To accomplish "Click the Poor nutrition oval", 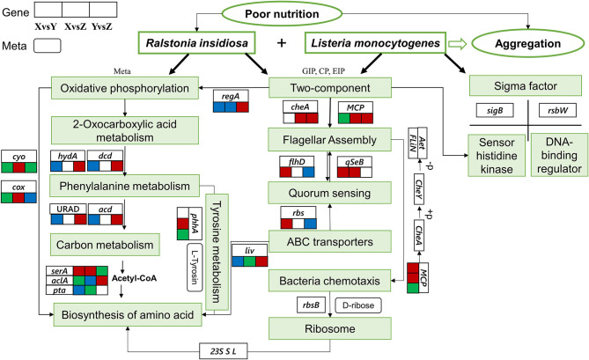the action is point(282,14).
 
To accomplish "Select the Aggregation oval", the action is point(527,43).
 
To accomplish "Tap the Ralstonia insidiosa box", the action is point(197,43).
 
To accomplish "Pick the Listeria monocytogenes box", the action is point(375,43).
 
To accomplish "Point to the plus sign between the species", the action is point(282,43).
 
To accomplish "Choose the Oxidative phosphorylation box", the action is point(125,88).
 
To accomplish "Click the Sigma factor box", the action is point(526,85).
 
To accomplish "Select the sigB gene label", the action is point(495,110).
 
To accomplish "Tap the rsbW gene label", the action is point(557,110).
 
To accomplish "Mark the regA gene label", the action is point(231,96).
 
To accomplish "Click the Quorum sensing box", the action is point(329,193).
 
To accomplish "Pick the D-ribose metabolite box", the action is point(358,305).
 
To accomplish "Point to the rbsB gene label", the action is point(311,305).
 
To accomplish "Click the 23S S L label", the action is point(223,352).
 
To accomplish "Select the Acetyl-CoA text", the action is point(134,278).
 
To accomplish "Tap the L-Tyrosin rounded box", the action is point(195,268).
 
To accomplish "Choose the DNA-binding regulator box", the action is point(559,155).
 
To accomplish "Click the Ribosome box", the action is point(330,328).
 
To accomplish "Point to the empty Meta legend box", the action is point(48,46).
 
